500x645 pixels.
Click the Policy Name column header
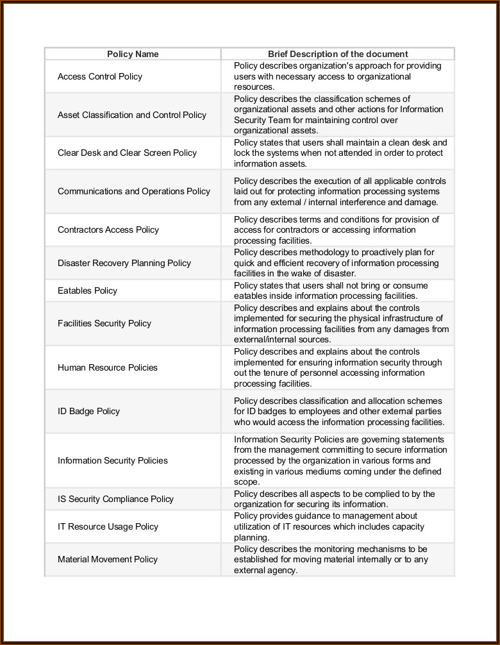click(x=133, y=54)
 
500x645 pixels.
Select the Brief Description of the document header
click(x=338, y=54)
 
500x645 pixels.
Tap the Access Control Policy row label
click(x=100, y=76)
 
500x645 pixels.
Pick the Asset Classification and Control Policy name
click(x=132, y=115)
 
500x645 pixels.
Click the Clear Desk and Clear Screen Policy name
click(x=127, y=153)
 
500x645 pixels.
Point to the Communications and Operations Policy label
click(x=134, y=191)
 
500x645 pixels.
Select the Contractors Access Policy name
click(x=108, y=230)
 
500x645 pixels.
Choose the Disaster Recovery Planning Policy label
click(x=124, y=263)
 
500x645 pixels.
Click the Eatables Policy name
click(x=88, y=290)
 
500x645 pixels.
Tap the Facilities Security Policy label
click(x=104, y=323)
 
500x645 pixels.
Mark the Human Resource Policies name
click(x=108, y=367)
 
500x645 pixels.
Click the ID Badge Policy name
click(x=88, y=411)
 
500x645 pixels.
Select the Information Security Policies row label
click(x=113, y=460)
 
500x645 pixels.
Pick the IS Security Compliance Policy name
click(x=115, y=499)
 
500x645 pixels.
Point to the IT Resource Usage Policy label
click(x=108, y=526)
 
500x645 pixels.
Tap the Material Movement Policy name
click(x=108, y=559)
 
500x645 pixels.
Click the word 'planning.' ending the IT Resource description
click(x=251, y=537)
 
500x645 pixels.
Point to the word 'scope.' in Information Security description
click(x=247, y=482)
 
